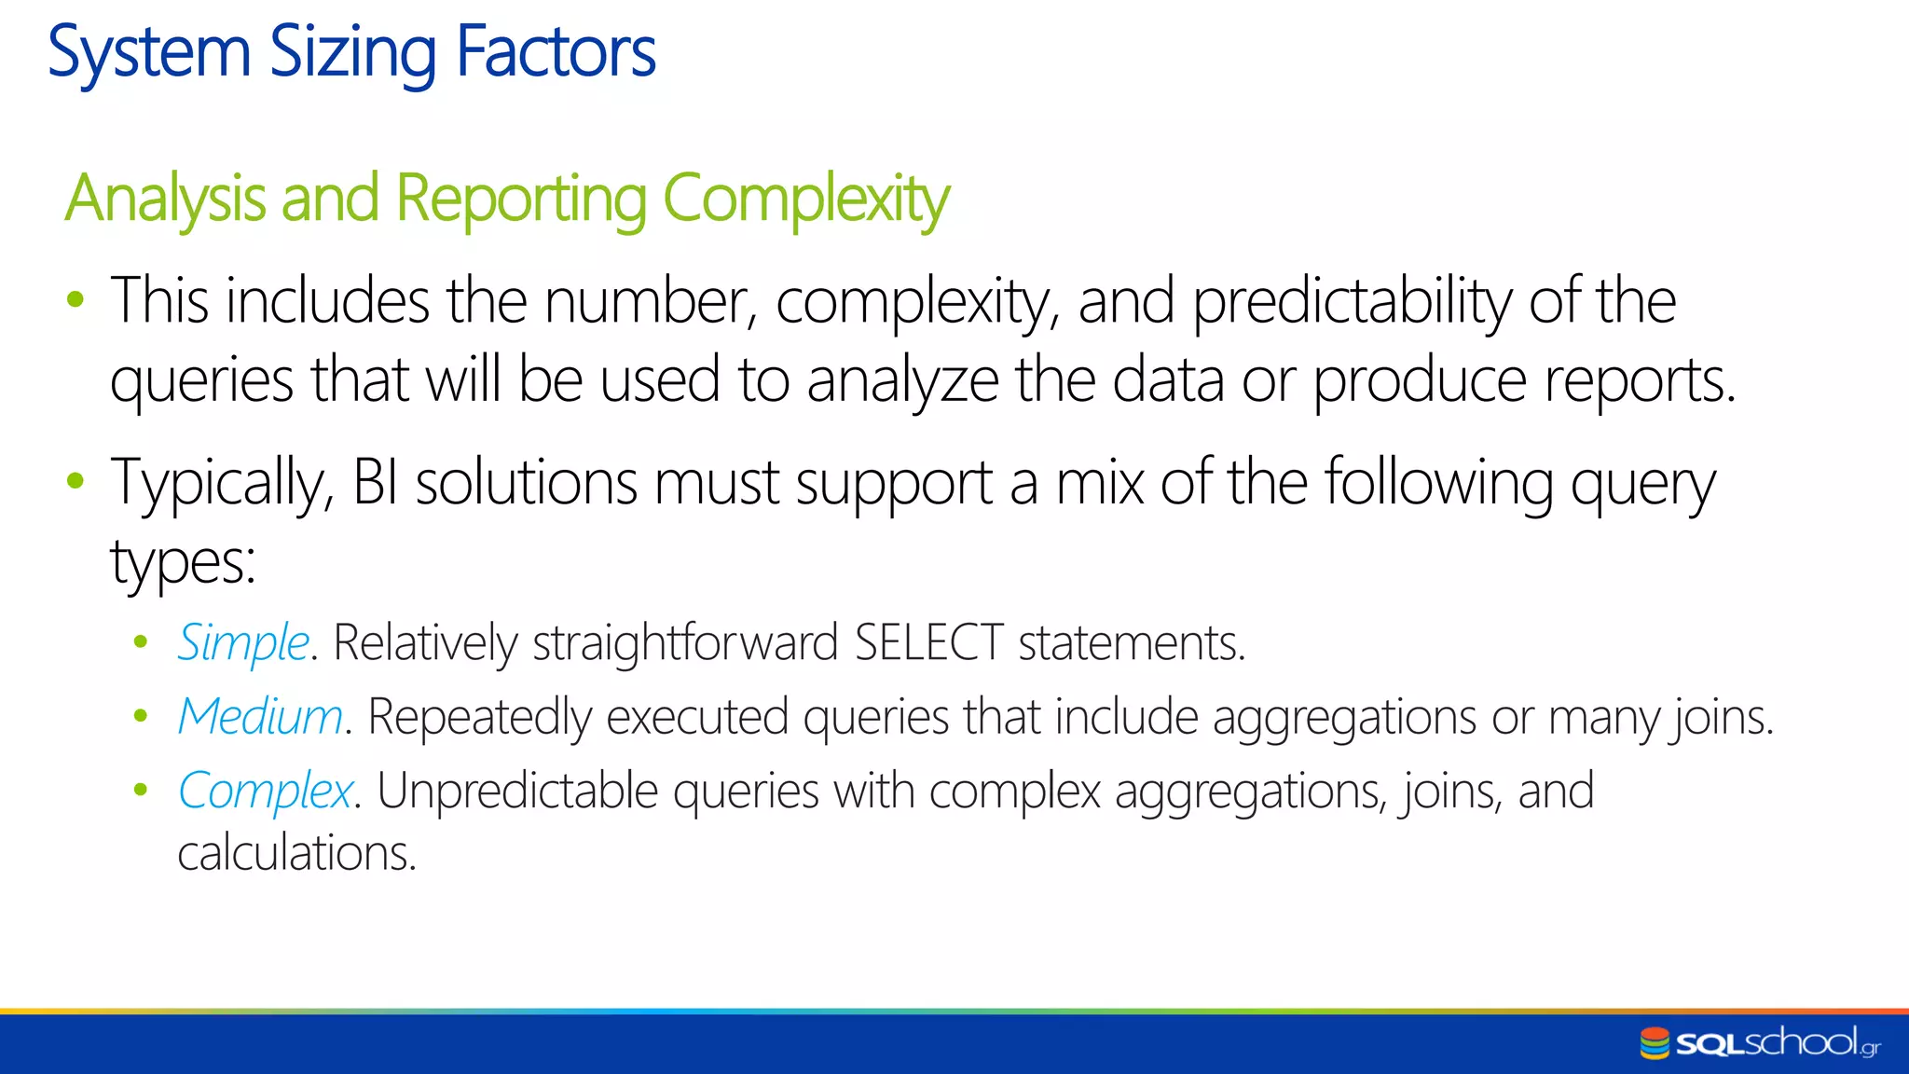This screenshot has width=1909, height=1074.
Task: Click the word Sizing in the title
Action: point(352,52)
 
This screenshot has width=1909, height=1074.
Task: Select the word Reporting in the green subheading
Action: point(521,199)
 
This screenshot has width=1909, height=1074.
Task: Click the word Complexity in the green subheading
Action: point(805,199)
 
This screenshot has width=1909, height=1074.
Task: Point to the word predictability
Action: point(1352,302)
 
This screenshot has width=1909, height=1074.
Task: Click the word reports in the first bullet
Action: point(1640,381)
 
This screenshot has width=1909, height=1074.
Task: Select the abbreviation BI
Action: point(375,483)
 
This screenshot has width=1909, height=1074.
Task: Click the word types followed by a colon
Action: point(183,563)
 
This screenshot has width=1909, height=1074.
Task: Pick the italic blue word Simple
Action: point(243,642)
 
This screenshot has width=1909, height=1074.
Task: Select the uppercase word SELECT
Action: point(928,642)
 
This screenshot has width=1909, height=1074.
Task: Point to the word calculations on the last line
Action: point(296,853)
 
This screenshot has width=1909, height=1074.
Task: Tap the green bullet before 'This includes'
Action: point(76,300)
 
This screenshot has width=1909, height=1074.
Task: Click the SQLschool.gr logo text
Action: point(1777,1042)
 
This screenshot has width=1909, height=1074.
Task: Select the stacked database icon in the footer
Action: point(1655,1043)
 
